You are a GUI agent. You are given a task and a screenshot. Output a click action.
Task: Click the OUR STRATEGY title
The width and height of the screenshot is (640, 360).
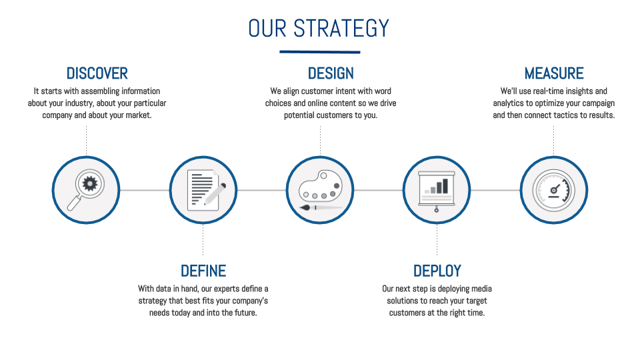(319, 29)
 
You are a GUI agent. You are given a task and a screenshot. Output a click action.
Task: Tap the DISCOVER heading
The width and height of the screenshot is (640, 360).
(97, 73)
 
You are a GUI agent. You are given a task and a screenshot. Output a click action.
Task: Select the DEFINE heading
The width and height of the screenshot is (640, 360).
(203, 271)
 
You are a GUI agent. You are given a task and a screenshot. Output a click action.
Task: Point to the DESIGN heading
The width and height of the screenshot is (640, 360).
(331, 73)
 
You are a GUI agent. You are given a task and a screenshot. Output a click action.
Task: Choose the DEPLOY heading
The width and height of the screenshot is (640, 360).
(437, 271)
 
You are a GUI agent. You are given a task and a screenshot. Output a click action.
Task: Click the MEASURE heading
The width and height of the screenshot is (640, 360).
(554, 73)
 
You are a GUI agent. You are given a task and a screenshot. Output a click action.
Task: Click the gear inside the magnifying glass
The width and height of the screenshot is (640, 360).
(90, 184)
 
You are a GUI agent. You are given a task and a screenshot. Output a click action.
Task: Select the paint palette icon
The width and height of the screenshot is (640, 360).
(321, 186)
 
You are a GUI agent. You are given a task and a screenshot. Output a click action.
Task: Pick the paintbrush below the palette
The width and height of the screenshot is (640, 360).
(321, 208)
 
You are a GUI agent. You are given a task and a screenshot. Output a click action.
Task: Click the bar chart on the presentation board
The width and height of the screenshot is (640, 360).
(436, 186)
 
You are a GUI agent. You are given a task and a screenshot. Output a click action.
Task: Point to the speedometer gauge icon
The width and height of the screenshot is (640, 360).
(554, 190)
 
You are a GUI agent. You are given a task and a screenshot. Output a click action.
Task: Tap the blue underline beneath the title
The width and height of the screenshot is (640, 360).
(319, 52)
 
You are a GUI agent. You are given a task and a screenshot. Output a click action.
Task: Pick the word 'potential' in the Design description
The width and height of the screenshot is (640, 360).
(299, 115)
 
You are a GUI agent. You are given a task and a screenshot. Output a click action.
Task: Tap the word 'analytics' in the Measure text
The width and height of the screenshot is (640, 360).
(508, 103)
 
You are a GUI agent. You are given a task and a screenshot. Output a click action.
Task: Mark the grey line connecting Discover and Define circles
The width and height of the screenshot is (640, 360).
(145, 190)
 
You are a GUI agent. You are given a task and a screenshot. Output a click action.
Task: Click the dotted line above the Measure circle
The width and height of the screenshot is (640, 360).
(553, 141)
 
